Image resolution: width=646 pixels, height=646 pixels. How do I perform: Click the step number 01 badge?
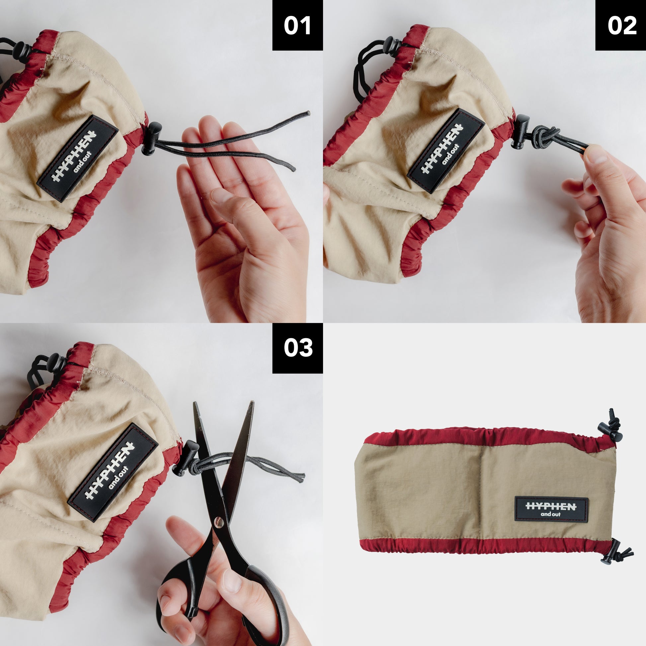(297, 25)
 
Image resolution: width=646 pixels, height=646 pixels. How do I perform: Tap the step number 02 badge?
(620, 25)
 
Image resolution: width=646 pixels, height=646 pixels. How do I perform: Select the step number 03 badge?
(297, 348)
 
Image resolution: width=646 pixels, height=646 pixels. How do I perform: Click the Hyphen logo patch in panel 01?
(78, 158)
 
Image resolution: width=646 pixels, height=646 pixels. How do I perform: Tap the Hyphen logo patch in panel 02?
(446, 150)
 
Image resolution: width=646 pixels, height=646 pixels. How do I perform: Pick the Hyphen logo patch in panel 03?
(113, 472)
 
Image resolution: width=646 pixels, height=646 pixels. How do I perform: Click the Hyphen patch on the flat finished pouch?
(551, 509)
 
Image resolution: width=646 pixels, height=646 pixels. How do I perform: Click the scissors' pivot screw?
(219, 521)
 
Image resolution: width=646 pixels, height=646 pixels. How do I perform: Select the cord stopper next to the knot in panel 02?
(520, 131)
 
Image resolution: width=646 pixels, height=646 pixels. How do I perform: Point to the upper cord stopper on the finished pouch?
(609, 431)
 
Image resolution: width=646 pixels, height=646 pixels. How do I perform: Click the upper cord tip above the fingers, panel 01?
(307, 114)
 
